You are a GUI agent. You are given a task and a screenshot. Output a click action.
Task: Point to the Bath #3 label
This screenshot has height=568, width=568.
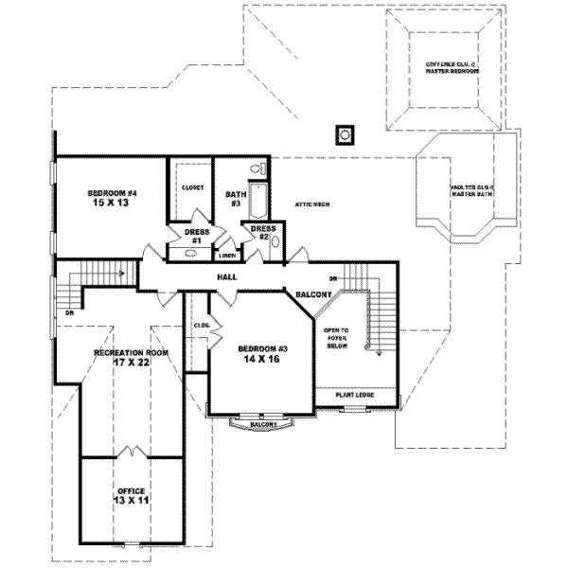coord(236,199)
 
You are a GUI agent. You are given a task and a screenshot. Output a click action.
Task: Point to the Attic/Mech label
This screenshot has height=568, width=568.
coord(311,204)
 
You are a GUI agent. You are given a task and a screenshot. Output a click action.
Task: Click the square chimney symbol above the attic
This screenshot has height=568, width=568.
coord(346,133)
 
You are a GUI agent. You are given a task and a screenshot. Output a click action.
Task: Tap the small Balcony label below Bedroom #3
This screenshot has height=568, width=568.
coord(263,425)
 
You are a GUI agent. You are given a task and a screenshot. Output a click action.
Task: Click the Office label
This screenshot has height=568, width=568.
coord(131,490)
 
